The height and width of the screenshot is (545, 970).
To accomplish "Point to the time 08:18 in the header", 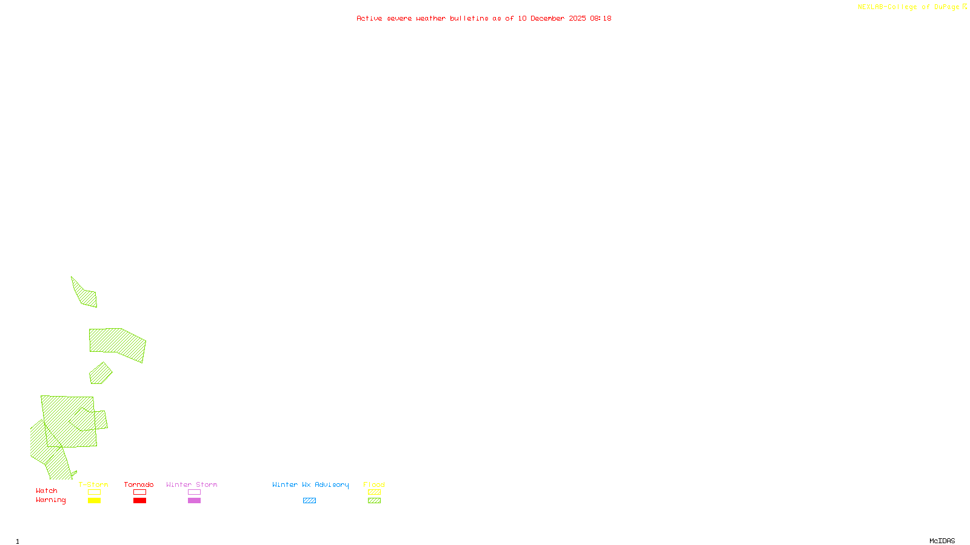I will point(601,18).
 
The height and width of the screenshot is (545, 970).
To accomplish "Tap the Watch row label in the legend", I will point(47,490).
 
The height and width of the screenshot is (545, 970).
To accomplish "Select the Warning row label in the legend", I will point(51,500).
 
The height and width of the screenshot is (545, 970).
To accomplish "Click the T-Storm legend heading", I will point(93,484).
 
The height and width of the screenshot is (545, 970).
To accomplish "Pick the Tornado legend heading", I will point(139,484).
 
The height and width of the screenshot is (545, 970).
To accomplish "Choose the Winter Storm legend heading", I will point(192,484).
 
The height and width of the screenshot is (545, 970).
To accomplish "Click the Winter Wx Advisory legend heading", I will point(310,484).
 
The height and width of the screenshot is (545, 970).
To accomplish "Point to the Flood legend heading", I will point(374,484).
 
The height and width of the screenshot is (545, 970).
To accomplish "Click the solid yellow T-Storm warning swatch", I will point(94,501).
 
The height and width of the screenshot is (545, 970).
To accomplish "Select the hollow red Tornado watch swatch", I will point(139,492).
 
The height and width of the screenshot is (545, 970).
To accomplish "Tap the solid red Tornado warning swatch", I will point(139,501).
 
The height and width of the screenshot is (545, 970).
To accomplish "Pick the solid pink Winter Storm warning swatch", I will point(194,501).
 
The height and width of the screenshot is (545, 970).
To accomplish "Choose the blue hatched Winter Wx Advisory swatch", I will point(309,501).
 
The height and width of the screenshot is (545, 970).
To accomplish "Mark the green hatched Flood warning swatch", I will point(374,501).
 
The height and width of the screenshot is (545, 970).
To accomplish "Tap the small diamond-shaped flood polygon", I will point(100,374).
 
